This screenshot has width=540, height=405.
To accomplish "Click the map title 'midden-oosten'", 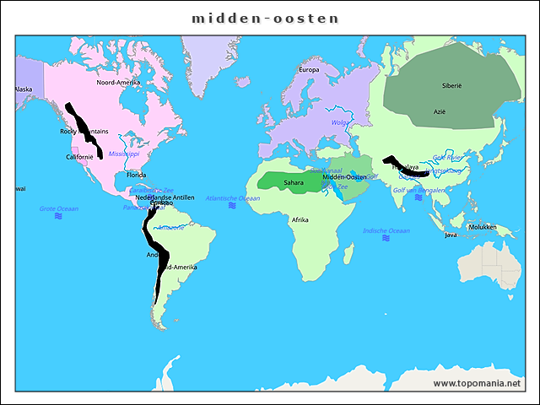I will (x=265, y=18).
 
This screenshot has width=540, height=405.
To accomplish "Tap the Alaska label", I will (x=23, y=89).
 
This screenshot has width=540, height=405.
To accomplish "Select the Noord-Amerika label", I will (x=118, y=83).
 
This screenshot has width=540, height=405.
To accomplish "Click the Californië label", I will (x=79, y=157).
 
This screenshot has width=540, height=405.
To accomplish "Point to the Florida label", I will (x=137, y=175).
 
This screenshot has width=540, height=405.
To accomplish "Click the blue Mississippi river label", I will (x=123, y=154).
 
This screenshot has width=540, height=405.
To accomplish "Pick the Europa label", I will (x=309, y=70).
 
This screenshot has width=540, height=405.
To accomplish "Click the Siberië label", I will (x=451, y=86).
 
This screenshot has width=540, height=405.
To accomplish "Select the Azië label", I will (x=440, y=111).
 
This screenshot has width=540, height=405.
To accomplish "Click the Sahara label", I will (x=294, y=182).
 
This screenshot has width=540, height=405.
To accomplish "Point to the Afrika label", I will (x=300, y=220).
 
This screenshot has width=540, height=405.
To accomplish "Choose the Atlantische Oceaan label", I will (x=233, y=198).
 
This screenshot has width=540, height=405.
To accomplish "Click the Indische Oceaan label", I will (x=386, y=230).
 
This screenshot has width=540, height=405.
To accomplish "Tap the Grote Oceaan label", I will (x=59, y=208).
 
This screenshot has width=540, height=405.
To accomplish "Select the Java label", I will (x=451, y=235).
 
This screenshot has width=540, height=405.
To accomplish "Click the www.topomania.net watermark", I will (x=476, y=383).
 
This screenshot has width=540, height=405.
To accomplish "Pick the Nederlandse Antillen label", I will (x=165, y=197).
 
